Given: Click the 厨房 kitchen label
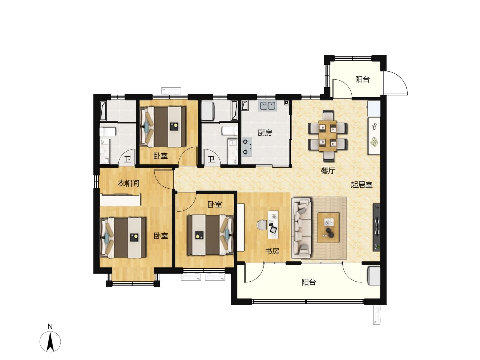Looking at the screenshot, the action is coord(264,133).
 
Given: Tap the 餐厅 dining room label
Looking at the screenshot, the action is coord(328,171).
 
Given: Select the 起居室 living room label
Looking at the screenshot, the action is coord(361,185).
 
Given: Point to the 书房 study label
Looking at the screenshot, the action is coord(272,251).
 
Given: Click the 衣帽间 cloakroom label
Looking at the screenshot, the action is coord(128,183).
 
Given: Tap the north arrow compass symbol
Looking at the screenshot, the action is coord(50,341).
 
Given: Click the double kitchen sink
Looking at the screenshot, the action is coord(267,106).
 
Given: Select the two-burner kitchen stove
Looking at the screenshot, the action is coord(246,147).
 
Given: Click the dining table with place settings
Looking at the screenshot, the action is coord(327,136).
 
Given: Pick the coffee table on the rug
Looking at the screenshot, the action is coord(328,228).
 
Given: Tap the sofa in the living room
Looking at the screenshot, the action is coord(301,228).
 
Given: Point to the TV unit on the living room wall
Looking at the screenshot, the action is coord(376,227).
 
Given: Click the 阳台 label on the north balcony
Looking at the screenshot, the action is coord(362,79).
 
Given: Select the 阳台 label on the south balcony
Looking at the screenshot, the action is coord(309,282).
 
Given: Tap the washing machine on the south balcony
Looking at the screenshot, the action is coord(374,276).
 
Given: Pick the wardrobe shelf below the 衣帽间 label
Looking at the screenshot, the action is coord(120,200).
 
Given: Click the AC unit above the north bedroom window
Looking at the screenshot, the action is coord(171,90).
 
